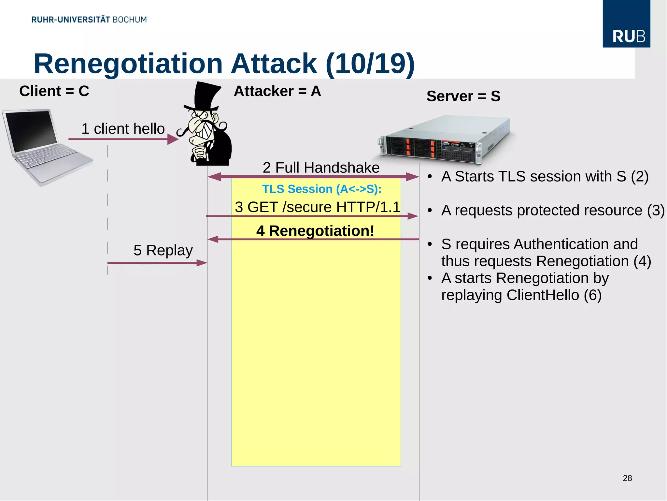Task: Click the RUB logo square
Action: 626,23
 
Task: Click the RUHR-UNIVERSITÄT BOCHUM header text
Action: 89,20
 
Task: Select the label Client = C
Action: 54,91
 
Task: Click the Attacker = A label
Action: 277,91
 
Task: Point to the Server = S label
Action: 463,96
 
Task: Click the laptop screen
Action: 31,130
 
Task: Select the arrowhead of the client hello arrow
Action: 173,140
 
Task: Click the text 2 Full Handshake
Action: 321,168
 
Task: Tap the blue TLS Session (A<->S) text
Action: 321,189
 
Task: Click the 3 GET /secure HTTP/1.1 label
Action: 317,207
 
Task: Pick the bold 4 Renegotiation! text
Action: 315,231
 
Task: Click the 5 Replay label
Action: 163,250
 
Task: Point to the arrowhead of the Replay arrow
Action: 202,263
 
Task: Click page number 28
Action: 627,478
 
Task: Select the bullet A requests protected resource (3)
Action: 552,211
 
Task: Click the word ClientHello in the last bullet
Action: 543,295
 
